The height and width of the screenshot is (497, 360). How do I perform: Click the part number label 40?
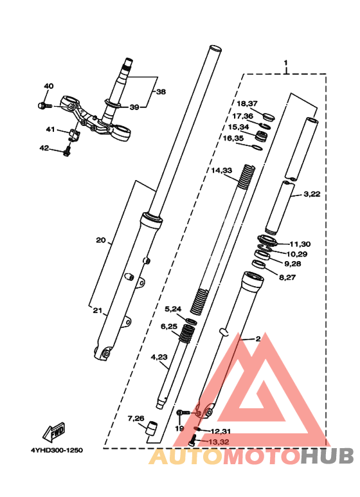(48, 86)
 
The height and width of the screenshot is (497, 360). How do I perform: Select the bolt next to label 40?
(44, 105)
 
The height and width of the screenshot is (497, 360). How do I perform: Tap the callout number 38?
(161, 92)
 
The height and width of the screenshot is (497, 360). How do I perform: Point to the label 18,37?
(248, 104)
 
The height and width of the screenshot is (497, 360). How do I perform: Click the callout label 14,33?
(222, 170)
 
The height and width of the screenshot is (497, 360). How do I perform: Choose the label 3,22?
(312, 194)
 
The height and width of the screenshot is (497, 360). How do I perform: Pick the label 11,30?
(300, 244)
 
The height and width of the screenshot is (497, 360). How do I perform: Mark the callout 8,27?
(287, 277)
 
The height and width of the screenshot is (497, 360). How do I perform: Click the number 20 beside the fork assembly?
(101, 240)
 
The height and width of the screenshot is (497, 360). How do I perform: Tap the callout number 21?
(98, 311)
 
